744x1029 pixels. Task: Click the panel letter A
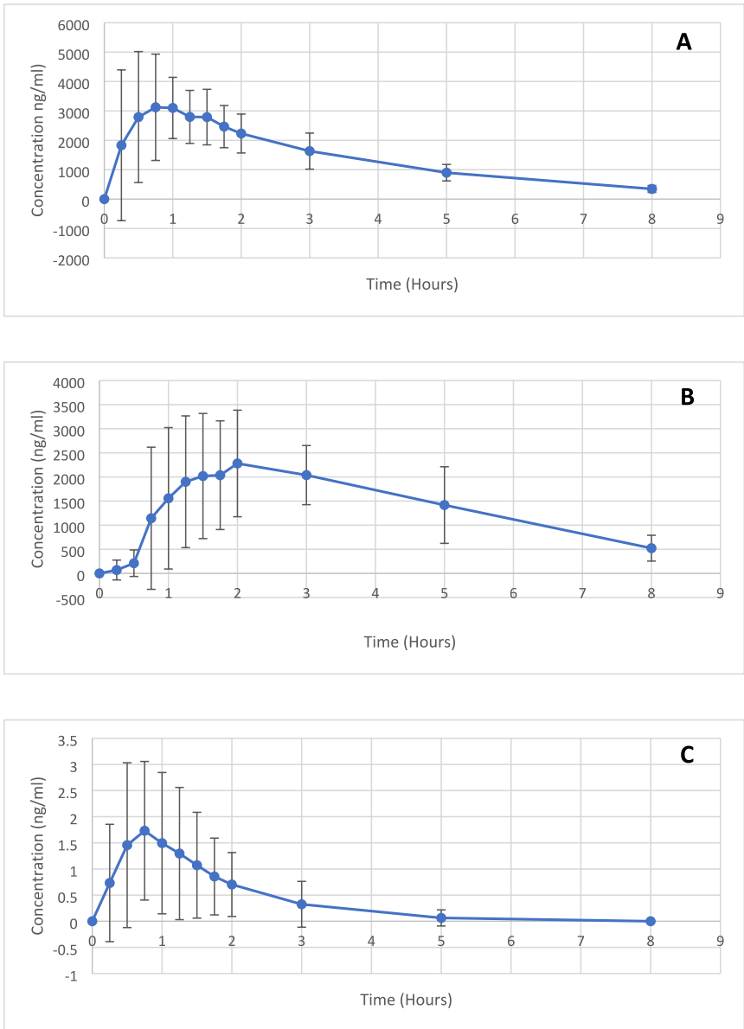(x=683, y=42)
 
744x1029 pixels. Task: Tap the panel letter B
(x=687, y=397)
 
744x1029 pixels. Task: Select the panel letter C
(x=687, y=755)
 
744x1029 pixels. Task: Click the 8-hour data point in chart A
(x=652, y=189)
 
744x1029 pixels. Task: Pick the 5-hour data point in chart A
(x=446, y=173)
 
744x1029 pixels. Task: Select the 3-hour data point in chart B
(x=306, y=475)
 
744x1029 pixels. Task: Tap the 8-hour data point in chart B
(x=651, y=548)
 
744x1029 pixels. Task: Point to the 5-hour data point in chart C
(x=441, y=917)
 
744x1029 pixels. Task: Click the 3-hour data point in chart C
(x=302, y=904)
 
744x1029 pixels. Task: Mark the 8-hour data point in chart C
(x=651, y=921)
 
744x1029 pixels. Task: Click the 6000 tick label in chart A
(x=74, y=24)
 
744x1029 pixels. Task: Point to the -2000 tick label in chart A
(x=72, y=258)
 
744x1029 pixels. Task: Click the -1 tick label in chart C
(x=74, y=975)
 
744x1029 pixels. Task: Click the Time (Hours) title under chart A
(x=410, y=284)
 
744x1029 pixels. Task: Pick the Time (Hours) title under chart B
(x=409, y=642)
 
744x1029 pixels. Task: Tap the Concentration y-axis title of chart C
(x=38, y=856)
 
